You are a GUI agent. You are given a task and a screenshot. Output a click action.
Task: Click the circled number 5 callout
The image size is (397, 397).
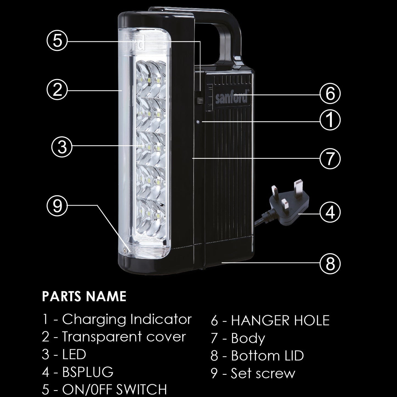[57, 41]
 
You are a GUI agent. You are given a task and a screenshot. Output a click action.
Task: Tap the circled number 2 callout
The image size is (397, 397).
[57, 90]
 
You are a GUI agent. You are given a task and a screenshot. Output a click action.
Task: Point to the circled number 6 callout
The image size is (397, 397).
[330, 94]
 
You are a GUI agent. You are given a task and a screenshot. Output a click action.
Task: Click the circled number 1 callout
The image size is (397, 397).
[330, 120]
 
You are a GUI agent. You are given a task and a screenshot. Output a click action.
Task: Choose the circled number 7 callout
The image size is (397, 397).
[330, 159]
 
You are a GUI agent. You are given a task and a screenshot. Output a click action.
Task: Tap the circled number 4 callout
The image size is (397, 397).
[330, 212]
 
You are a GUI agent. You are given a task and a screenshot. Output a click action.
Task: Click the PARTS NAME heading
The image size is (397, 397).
[84, 296]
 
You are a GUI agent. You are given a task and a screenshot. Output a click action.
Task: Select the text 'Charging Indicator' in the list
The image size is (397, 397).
[127, 320]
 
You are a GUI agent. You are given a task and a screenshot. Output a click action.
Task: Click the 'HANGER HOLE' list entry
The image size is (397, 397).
[280, 320]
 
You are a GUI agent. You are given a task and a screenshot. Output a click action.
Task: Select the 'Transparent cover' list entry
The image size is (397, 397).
[124, 337]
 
